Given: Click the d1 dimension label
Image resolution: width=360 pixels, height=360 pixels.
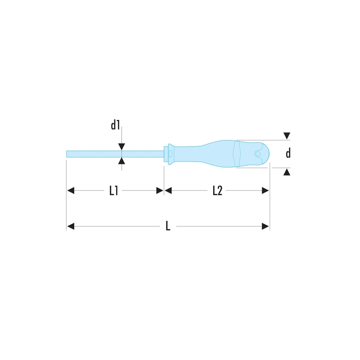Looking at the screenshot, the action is pyautogui.click(x=116, y=125).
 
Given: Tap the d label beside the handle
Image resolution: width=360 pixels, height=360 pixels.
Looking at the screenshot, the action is pyautogui.click(x=288, y=153).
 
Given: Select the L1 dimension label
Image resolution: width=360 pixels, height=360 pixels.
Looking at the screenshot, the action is pyautogui.click(x=114, y=190).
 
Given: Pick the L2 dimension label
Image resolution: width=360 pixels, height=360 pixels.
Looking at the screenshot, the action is pyautogui.click(x=217, y=190).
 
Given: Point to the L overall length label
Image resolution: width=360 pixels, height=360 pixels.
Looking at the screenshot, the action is pyautogui.click(x=168, y=226).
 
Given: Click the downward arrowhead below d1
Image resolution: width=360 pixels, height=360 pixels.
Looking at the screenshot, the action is pyautogui.click(x=121, y=147).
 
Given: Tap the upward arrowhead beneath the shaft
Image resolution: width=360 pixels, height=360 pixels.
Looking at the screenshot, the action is pyautogui.click(x=121, y=161).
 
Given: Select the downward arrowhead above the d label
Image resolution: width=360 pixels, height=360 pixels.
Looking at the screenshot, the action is pyautogui.click(x=287, y=136).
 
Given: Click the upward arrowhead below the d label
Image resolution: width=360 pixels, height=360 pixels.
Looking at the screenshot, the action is pyautogui.click(x=287, y=172).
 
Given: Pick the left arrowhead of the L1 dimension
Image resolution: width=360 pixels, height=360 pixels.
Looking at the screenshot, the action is pyautogui.click(x=71, y=190).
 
